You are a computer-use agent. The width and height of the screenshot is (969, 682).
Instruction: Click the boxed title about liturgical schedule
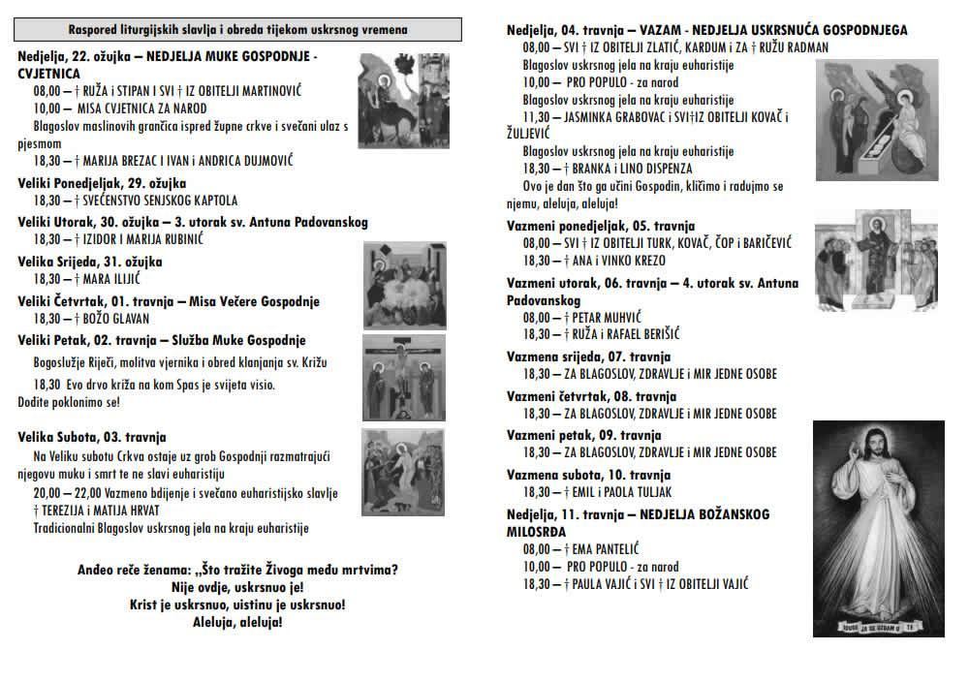238,30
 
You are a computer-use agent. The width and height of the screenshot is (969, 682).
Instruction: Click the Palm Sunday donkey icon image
403,100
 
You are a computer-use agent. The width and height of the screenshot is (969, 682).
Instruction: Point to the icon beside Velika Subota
405,472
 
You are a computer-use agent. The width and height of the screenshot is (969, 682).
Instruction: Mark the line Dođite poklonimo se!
69,400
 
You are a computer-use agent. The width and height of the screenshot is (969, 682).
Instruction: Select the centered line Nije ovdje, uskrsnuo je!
237,587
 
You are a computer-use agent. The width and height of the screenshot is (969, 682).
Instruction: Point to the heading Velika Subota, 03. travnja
92,437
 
